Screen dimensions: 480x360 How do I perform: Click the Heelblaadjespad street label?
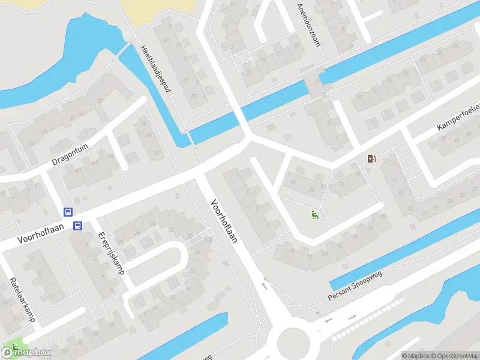(156, 69)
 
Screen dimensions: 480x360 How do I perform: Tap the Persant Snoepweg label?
(355, 285)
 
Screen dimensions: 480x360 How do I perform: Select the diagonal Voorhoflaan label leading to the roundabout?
(223, 221)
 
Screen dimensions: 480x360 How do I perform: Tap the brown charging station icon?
(372, 159)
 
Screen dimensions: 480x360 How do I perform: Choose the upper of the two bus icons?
(68, 212)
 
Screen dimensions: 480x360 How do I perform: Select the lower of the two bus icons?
(77, 226)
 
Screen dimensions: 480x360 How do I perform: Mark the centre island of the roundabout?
(294, 343)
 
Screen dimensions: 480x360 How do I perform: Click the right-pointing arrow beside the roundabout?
(353, 316)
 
